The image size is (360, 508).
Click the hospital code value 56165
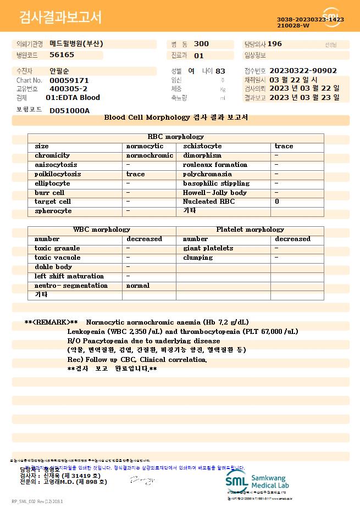click(x=62, y=55)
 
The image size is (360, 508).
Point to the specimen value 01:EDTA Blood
click(x=73, y=98)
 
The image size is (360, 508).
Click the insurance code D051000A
click(x=69, y=110)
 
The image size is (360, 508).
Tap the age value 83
click(x=220, y=71)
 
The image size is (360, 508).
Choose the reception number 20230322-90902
click(x=303, y=71)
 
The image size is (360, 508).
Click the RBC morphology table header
click(x=176, y=137)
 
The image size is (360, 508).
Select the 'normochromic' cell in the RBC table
click(x=149, y=155)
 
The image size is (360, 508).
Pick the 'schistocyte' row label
click(x=202, y=146)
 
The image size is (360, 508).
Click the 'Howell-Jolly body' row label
click(x=215, y=193)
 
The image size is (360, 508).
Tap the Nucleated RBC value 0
click(x=277, y=202)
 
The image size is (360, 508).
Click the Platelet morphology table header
click(x=250, y=230)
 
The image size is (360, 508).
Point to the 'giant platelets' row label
click(x=208, y=248)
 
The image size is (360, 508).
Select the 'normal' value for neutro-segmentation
click(x=138, y=286)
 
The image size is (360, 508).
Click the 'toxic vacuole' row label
click(x=57, y=258)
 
